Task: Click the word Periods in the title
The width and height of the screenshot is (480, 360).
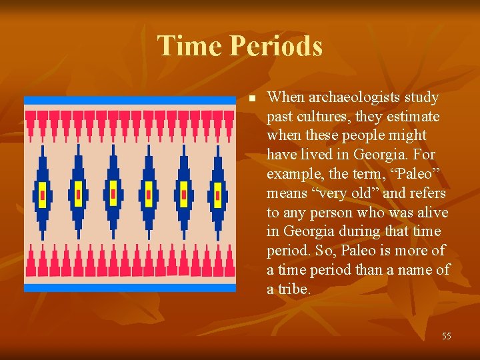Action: click(276, 46)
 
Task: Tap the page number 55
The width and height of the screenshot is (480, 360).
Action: click(446, 337)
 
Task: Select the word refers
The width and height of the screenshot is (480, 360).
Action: click(425, 193)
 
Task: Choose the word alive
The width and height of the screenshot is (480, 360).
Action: click(429, 213)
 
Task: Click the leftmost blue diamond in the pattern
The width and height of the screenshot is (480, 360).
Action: click(43, 195)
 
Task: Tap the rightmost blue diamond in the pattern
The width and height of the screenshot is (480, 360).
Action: click(217, 195)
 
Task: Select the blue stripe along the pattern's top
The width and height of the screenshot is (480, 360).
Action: click(130, 100)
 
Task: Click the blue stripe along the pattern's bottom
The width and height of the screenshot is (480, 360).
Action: click(130, 287)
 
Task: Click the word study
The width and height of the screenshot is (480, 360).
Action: click(422, 97)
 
